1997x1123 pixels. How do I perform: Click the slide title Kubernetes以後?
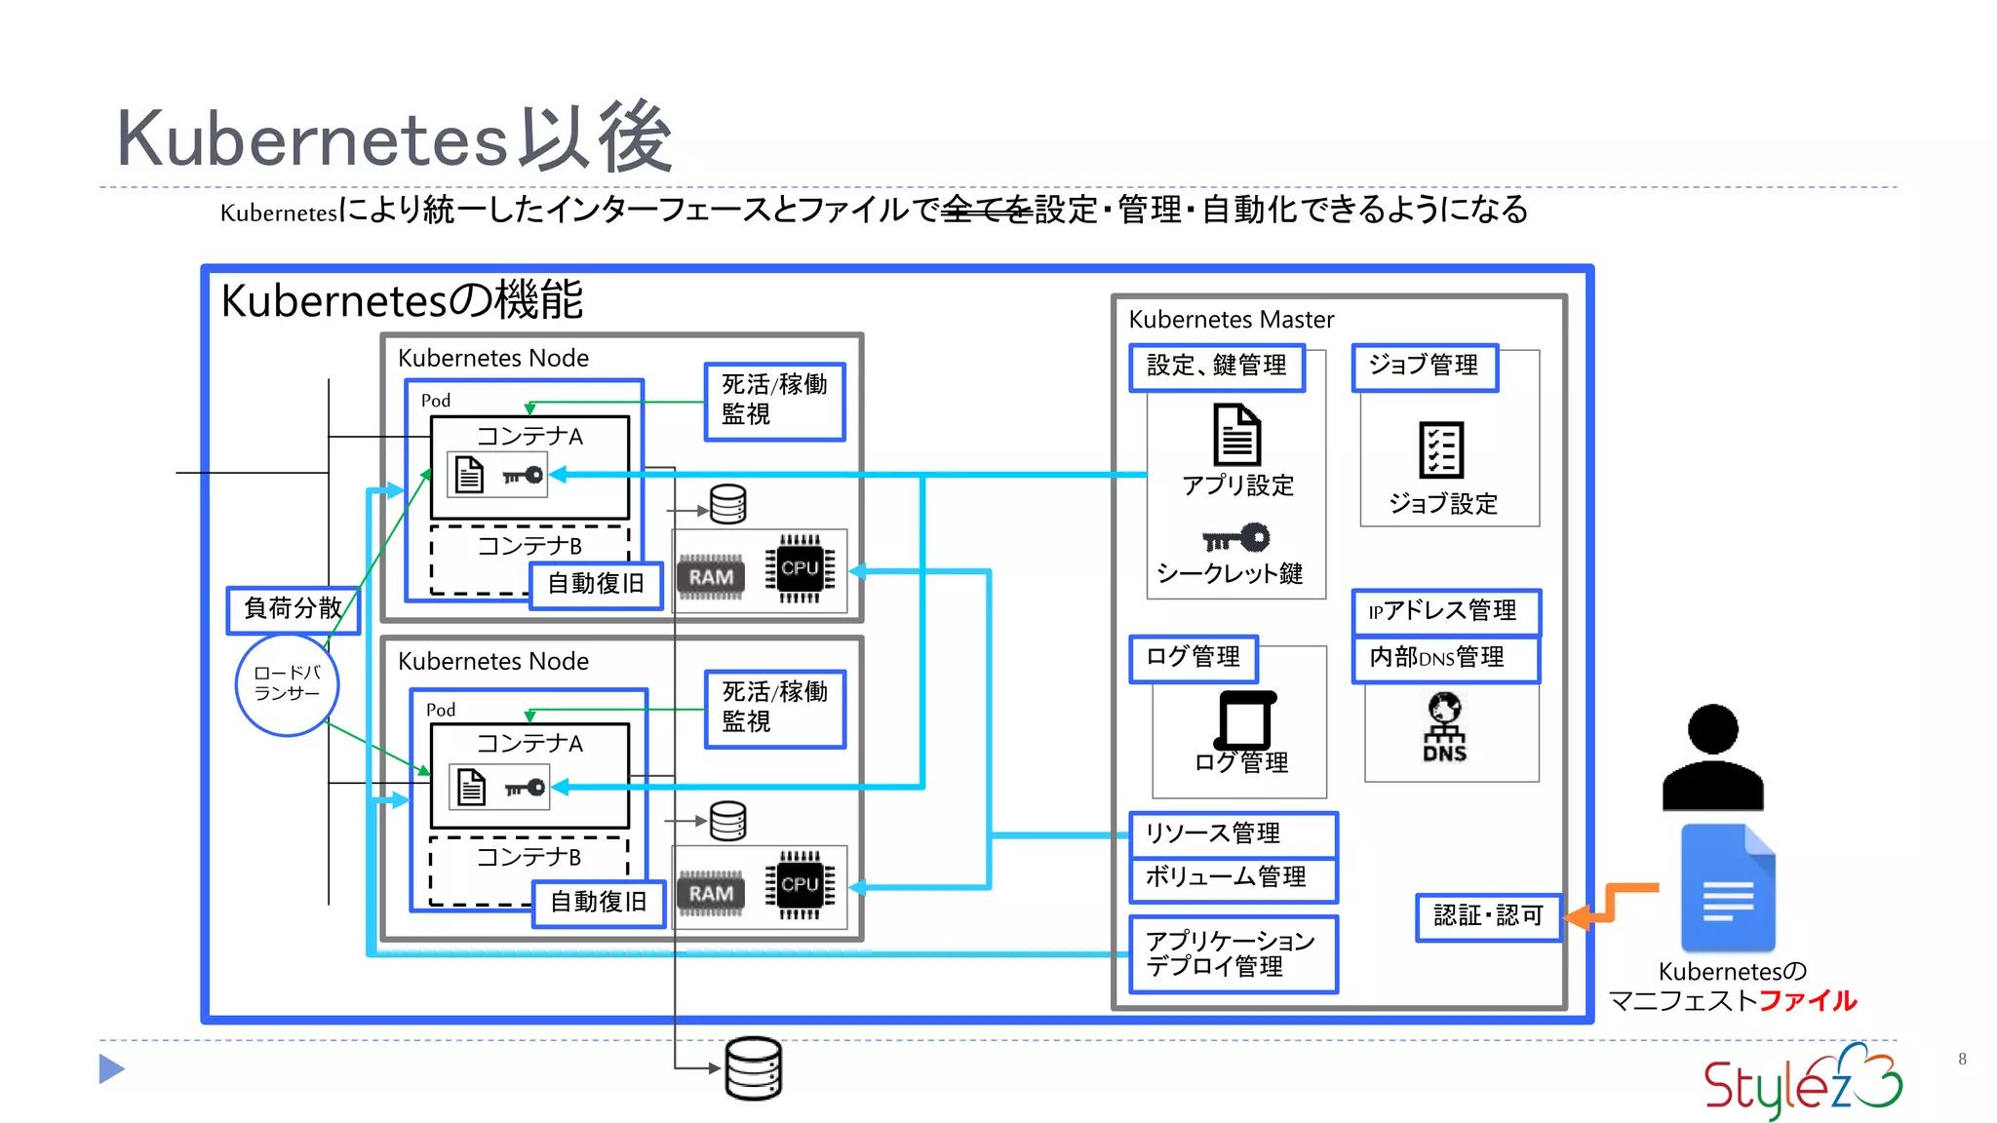pos(394,138)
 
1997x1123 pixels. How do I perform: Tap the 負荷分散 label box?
pos(293,609)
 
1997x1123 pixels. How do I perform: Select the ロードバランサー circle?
pos(287,684)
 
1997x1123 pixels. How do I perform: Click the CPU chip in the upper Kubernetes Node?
pos(800,568)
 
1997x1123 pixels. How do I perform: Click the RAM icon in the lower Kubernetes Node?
pos(711,893)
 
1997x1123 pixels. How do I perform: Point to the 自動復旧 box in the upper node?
pos(596,584)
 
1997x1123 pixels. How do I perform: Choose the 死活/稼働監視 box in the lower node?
pos(774,708)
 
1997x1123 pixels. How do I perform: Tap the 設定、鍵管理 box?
pos(1216,367)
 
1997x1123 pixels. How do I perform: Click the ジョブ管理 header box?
pos(1424,367)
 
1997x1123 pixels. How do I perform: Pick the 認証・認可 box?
pos(1488,916)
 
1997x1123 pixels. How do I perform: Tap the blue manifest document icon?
pos(1728,888)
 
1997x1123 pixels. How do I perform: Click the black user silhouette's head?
pos(1712,729)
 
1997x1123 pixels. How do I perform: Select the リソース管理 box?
pos(1233,834)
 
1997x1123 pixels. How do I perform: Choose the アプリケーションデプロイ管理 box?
pos(1233,953)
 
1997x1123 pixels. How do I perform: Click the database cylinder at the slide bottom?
pos(754,1068)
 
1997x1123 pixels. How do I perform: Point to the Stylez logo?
pos(1802,1082)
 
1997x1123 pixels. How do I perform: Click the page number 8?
pos(1962,1059)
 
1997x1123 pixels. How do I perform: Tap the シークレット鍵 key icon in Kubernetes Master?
pos(1235,538)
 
